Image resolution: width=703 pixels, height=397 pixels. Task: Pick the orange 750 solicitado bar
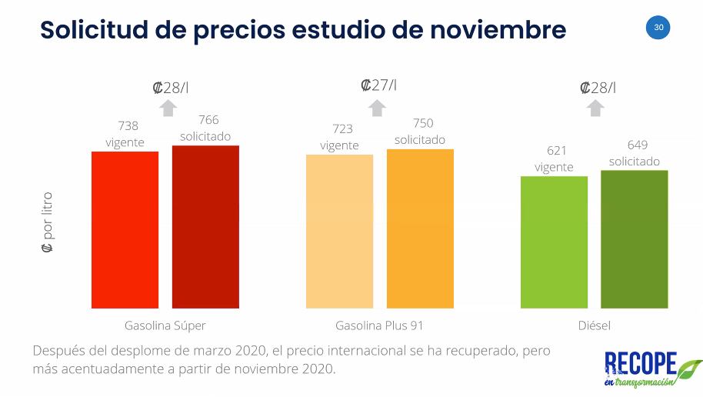[x=420, y=229]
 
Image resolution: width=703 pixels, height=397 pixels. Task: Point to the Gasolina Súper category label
[x=165, y=325]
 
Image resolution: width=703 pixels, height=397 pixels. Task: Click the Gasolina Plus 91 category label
[x=379, y=325]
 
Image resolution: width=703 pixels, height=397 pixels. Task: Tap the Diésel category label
[x=594, y=325]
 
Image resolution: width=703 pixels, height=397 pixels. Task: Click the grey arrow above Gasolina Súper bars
[x=169, y=107]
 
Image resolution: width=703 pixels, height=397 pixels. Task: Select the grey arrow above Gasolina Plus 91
[x=377, y=107]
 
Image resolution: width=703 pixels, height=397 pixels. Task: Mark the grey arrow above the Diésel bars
[x=595, y=108]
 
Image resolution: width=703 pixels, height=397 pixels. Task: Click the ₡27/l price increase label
[x=378, y=85]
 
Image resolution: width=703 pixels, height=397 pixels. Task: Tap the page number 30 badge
[x=658, y=28]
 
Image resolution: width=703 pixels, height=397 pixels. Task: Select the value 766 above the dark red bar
[x=208, y=120]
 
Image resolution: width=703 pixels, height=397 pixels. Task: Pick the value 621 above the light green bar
[x=554, y=151]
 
